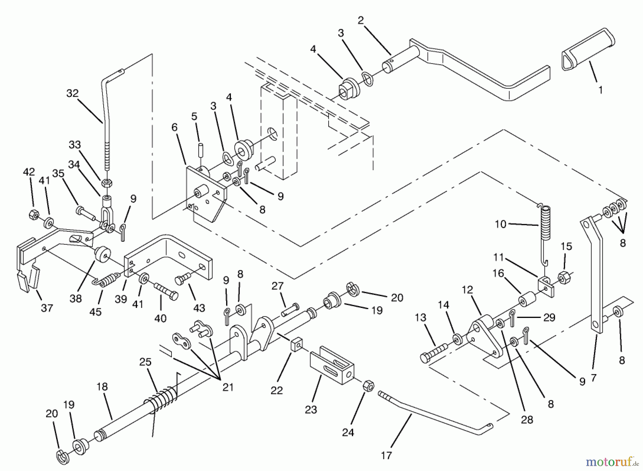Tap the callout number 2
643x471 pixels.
[361, 20]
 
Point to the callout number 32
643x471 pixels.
[72, 93]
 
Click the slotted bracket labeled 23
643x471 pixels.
[332, 365]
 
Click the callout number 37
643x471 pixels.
[47, 308]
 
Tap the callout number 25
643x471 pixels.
[145, 362]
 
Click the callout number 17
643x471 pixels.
[386, 455]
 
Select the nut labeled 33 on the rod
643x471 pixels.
[107, 183]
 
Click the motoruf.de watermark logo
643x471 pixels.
[612, 462]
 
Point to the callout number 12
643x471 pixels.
[467, 290]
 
